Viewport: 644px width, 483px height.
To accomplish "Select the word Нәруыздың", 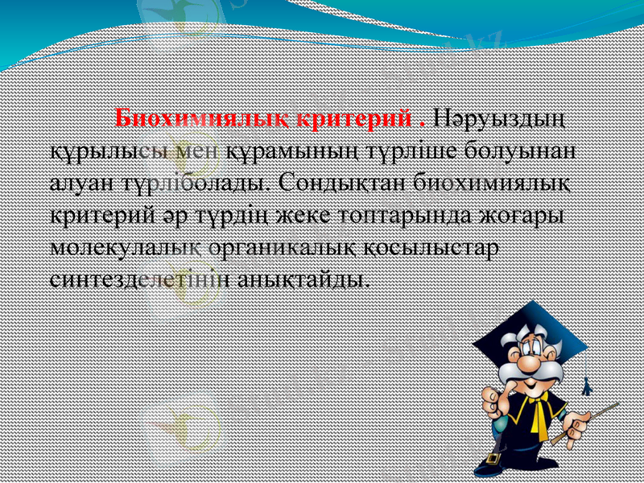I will (x=499, y=120).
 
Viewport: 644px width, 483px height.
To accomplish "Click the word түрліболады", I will (x=195, y=183).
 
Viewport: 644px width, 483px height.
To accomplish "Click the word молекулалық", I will (x=117, y=246).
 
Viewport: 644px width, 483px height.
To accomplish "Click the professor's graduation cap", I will (x=531, y=326).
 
